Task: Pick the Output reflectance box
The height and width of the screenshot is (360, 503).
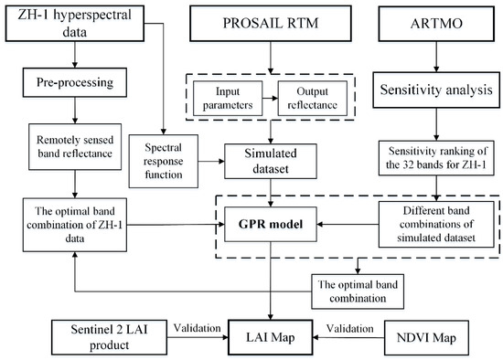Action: coord(303,98)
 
